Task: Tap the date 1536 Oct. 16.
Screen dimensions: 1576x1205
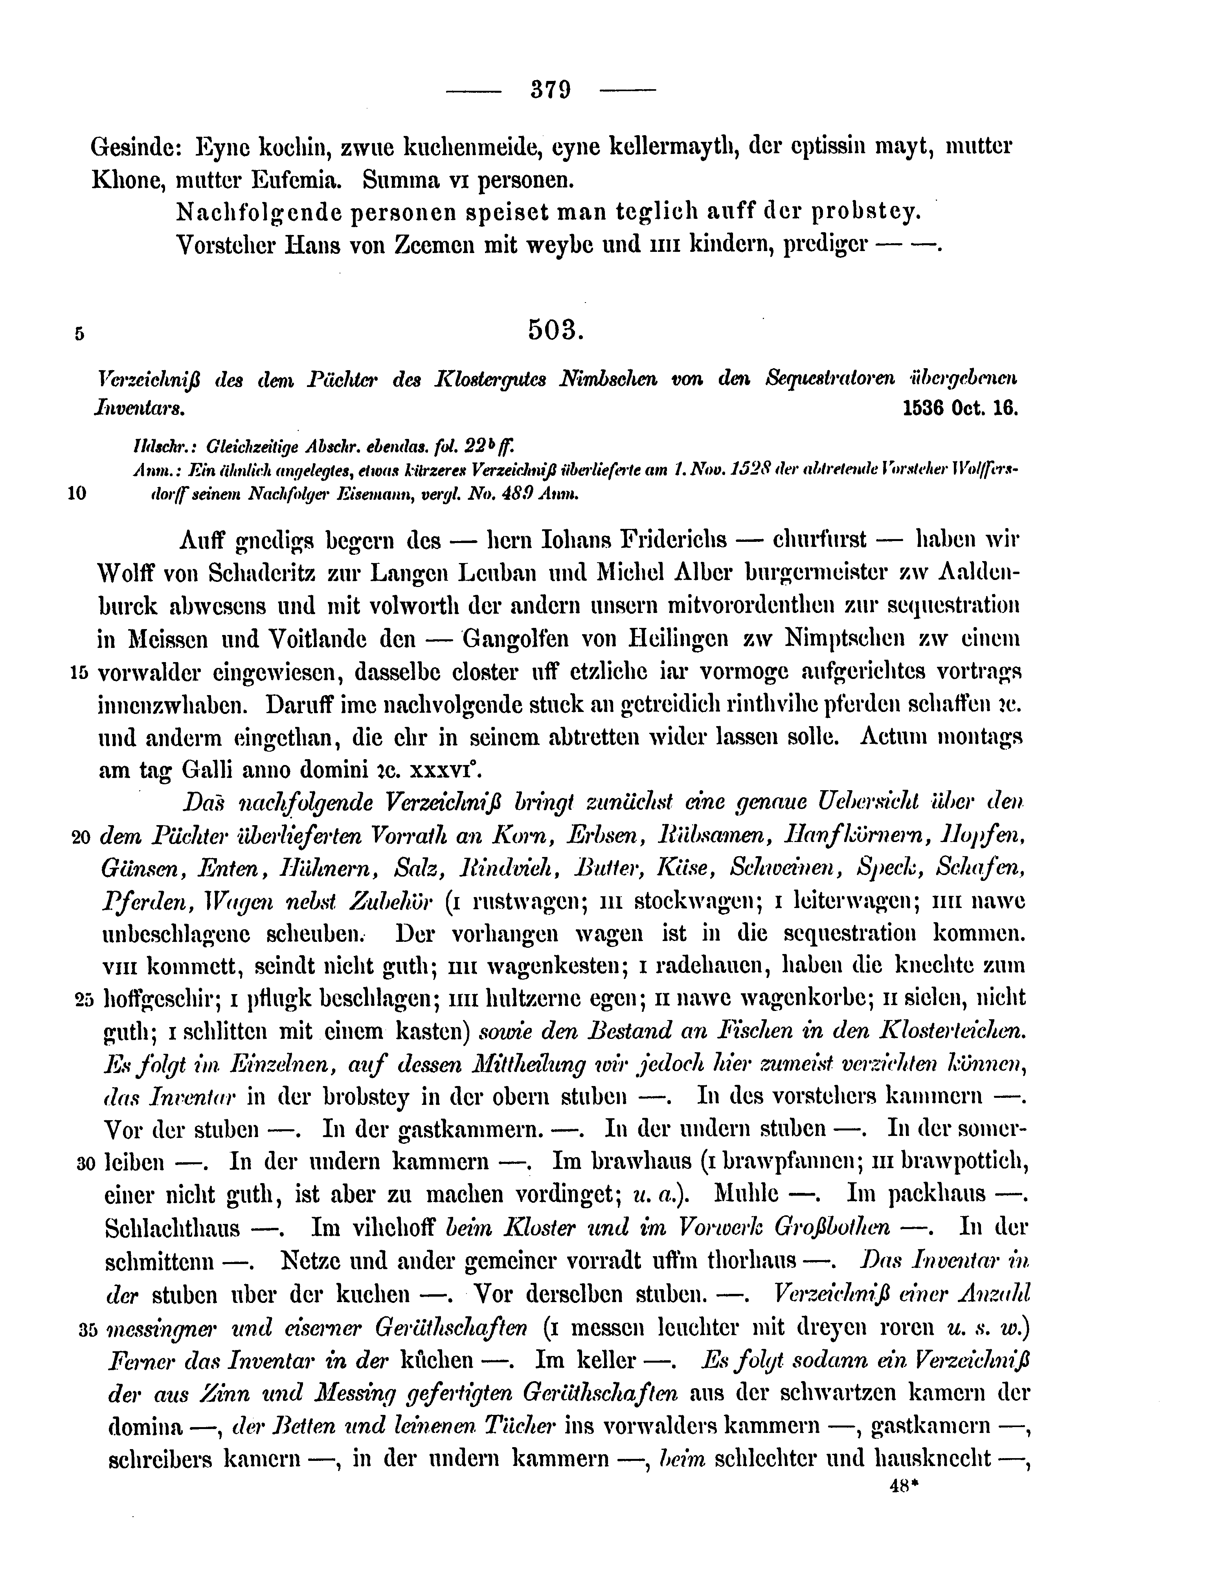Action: (961, 408)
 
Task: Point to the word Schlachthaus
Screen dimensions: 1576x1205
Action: (172, 1229)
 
